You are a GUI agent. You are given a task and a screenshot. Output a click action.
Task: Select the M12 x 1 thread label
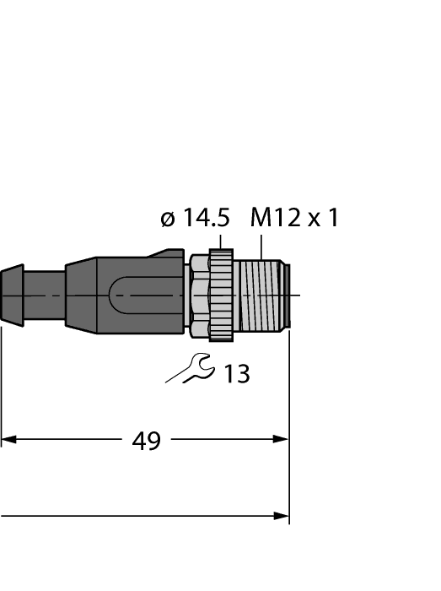click(x=294, y=219)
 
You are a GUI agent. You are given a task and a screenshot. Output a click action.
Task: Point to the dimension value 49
click(x=147, y=440)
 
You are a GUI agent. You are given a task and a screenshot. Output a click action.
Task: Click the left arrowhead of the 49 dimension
click(x=8, y=439)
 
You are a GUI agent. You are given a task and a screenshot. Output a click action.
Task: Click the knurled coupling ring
click(x=221, y=295)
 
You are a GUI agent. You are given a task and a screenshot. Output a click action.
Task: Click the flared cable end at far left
click(x=11, y=295)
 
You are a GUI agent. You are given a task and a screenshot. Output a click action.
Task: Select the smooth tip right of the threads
click(x=288, y=295)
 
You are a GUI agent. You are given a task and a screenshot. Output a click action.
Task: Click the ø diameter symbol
click(x=168, y=220)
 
